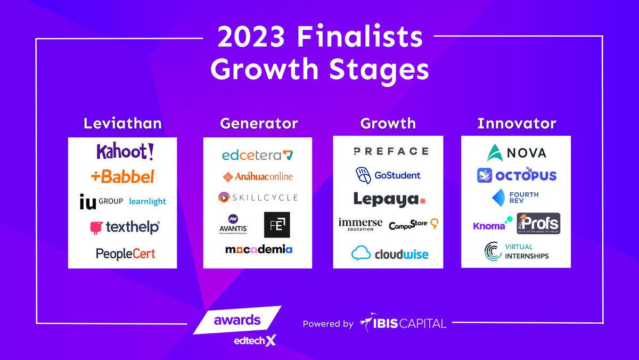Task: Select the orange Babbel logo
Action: click(x=122, y=176)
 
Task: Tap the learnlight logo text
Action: click(x=148, y=201)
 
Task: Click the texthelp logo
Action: click(x=125, y=227)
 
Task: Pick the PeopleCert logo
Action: click(x=126, y=253)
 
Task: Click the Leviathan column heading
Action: click(x=122, y=124)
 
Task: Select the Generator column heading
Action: click(x=259, y=124)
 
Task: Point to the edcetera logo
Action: click(x=258, y=156)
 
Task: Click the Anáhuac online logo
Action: click(x=258, y=176)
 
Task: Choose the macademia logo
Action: click(x=259, y=249)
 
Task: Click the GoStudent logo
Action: click(x=388, y=175)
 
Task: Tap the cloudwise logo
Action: click(x=390, y=253)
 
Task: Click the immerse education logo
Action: click(x=361, y=224)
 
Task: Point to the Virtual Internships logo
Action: click(x=516, y=251)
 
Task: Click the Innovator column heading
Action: click(x=517, y=124)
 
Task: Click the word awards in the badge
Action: click(x=237, y=320)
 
